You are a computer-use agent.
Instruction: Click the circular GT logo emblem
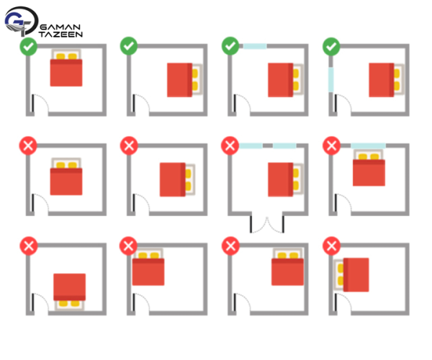[x=22, y=22]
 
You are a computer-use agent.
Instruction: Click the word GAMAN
[x=60, y=27]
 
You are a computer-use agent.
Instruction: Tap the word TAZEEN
[x=60, y=34]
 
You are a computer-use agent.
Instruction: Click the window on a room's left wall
[x=330, y=80]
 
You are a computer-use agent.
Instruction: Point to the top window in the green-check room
[x=255, y=46]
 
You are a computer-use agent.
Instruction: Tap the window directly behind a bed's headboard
[x=368, y=145]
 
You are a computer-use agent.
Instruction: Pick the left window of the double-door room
[x=251, y=145]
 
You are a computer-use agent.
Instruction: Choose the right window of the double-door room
[x=284, y=145]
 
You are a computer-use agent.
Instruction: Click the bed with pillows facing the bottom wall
[x=69, y=292]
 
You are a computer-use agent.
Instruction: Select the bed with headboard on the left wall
[x=351, y=275]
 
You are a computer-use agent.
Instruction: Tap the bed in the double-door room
[x=286, y=179]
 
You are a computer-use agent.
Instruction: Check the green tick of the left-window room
[x=331, y=47]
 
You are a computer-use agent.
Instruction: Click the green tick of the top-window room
[x=230, y=46]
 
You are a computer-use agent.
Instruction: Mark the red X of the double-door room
[x=230, y=145]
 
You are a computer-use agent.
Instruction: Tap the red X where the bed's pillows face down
[x=29, y=246]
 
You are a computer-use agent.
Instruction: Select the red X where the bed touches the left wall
[x=331, y=246]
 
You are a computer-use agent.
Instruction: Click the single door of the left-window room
[x=343, y=103]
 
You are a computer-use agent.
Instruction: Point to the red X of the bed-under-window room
[x=331, y=145]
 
